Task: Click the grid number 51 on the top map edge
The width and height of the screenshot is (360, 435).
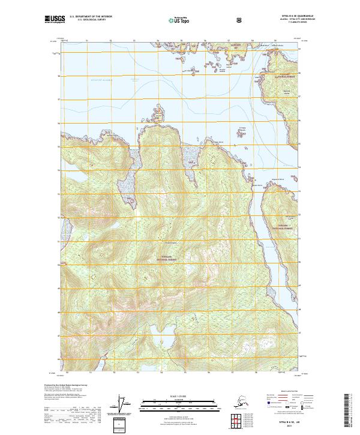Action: (x=86, y=41)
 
